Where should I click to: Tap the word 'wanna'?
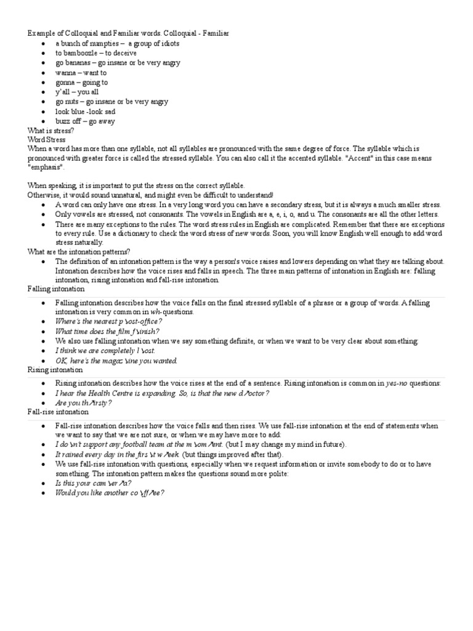65,73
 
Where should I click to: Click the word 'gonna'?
65,83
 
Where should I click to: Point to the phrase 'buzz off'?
67,121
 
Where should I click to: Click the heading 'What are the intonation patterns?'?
79,251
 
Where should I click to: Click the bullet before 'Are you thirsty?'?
41,403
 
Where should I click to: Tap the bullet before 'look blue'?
41,112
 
